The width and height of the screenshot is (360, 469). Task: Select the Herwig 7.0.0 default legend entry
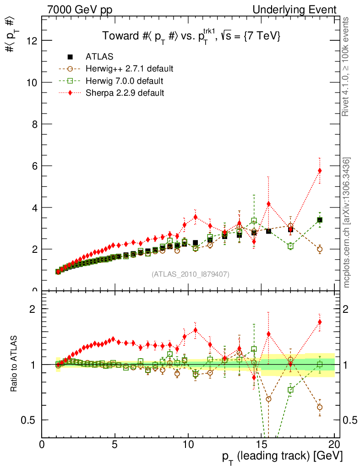pos(124,81)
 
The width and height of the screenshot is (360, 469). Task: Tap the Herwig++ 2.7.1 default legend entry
pos(129,69)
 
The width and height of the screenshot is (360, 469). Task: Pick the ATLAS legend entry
pos(99,57)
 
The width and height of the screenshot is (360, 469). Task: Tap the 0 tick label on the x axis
pos(42,445)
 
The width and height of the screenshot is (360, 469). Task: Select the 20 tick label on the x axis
pos(334,445)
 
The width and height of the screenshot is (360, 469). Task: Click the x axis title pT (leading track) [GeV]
pos(282,457)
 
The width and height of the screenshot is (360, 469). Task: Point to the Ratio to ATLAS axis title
pos(15,364)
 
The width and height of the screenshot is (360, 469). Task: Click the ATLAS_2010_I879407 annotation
pos(190,274)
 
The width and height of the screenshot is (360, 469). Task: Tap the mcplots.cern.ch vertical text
pos(347,223)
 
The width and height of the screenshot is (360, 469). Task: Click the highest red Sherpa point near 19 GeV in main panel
pos(320,171)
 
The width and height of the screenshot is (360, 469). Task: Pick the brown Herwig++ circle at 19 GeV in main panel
pos(320,249)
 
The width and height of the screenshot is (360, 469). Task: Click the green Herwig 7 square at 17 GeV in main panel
pos(290,246)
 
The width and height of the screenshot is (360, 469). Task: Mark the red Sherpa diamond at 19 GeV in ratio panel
pos(320,322)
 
